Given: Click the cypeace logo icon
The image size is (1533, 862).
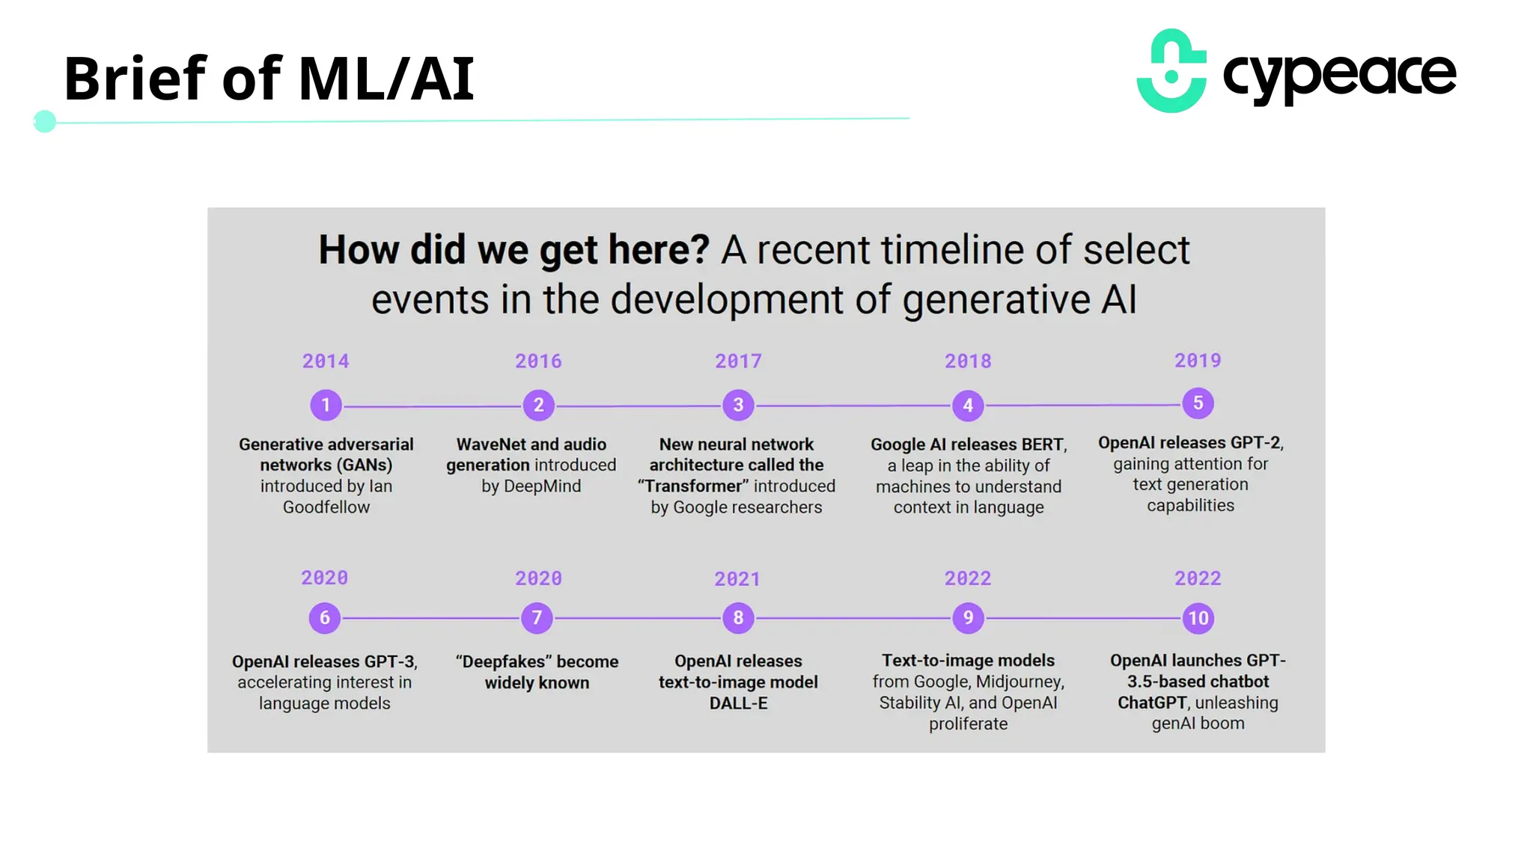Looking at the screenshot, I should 1171,71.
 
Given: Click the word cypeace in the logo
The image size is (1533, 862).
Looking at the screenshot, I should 1339,75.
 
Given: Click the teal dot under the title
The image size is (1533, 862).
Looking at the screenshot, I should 45,121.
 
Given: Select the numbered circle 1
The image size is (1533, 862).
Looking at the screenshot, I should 326,405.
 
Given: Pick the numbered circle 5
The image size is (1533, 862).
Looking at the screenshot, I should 1198,403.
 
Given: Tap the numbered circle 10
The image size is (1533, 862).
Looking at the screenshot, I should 1198,618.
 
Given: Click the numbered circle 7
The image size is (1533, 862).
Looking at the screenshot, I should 537,618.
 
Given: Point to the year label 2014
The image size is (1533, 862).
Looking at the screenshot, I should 326,361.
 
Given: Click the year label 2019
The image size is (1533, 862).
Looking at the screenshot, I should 1198,361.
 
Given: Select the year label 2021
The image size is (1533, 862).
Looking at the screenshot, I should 737,579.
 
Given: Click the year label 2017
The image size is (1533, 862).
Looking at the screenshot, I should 738,361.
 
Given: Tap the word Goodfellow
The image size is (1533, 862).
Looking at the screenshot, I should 326,507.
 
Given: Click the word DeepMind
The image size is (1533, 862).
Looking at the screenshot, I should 542,486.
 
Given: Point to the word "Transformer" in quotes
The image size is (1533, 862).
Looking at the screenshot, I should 693,486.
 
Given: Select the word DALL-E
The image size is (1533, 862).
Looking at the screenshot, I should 738,703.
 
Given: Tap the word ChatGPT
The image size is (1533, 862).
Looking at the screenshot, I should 1152,703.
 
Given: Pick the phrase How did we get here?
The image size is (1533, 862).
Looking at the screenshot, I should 513,250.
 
